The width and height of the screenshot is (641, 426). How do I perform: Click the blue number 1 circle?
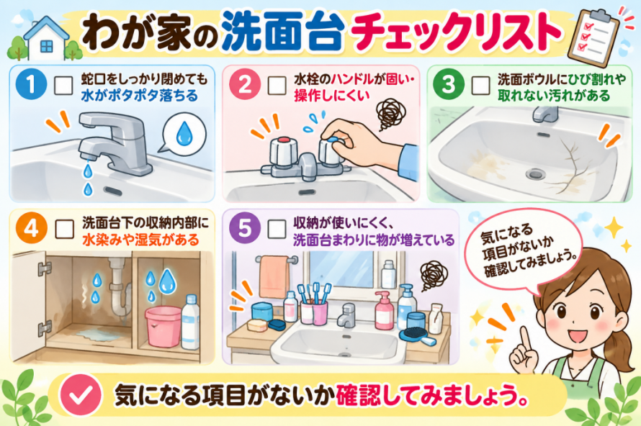[x=31, y=84]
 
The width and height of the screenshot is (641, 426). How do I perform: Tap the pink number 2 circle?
[x=245, y=84]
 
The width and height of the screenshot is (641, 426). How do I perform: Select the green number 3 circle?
[x=449, y=84]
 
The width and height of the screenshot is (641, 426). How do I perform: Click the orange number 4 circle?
[x=31, y=228]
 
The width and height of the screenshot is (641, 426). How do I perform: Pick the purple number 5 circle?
[x=245, y=228]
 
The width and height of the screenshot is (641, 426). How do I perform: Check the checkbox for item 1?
[x=63, y=86]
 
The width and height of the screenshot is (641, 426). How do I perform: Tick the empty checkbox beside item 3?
[x=480, y=86]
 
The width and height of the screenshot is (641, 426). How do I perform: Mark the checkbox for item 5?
[x=277, y=229]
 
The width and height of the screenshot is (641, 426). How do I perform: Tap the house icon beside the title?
[x=46, y=39]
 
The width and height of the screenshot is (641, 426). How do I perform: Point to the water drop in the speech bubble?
[x=184, y=133]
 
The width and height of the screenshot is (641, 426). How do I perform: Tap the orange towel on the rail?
[x=274, y=276]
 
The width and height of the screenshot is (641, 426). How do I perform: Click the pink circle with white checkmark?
[x=81, y=394]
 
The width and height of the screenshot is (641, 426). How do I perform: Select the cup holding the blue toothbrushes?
[x=314, y=312]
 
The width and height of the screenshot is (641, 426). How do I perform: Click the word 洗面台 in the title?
[x=282, y=32]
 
